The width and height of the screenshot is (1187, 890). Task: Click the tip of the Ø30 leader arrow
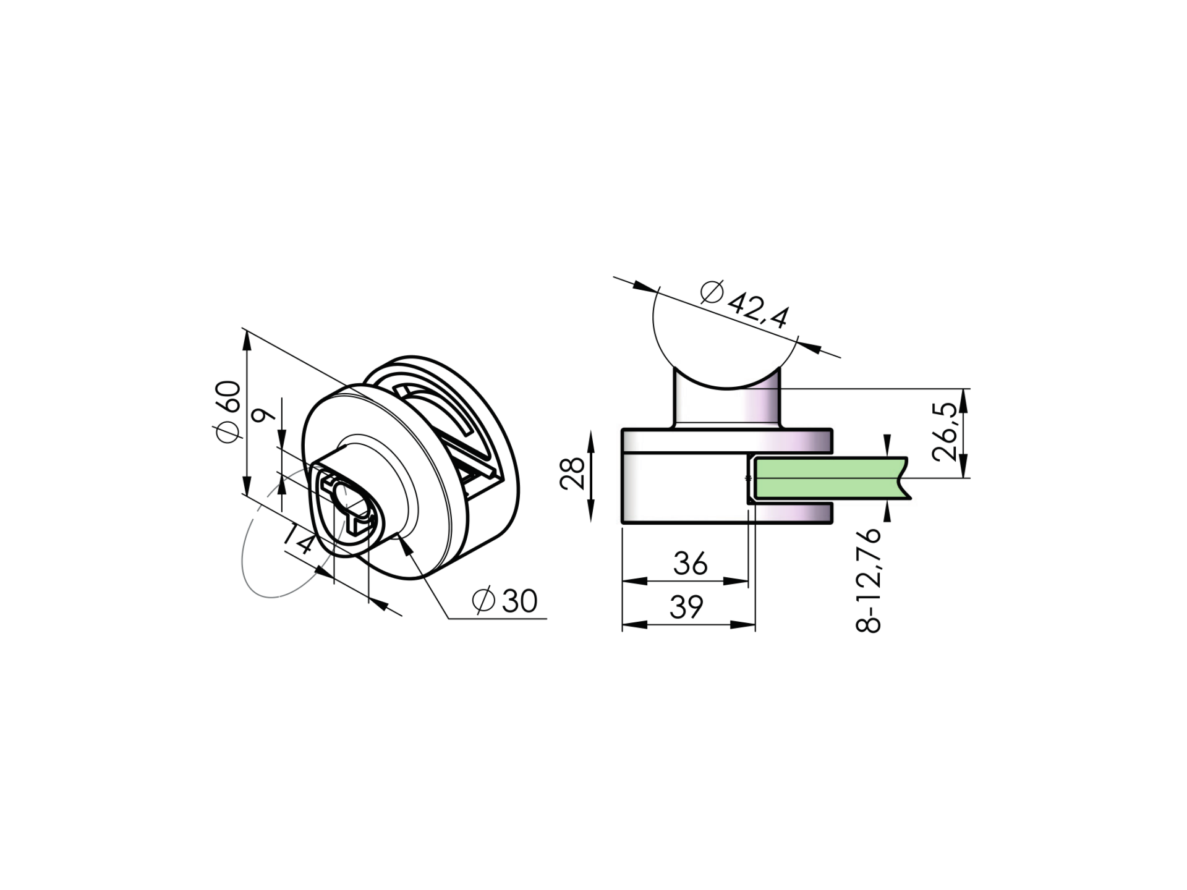pos(400,537)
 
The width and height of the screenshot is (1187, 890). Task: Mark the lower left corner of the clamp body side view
pos(623,523)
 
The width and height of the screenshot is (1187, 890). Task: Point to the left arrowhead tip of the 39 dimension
pos(623,625)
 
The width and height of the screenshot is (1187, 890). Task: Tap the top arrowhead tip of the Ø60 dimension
pos(247,331)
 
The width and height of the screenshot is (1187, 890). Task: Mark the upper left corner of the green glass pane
pos(755,458)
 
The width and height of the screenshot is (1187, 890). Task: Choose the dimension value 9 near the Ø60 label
pos(265,415)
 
